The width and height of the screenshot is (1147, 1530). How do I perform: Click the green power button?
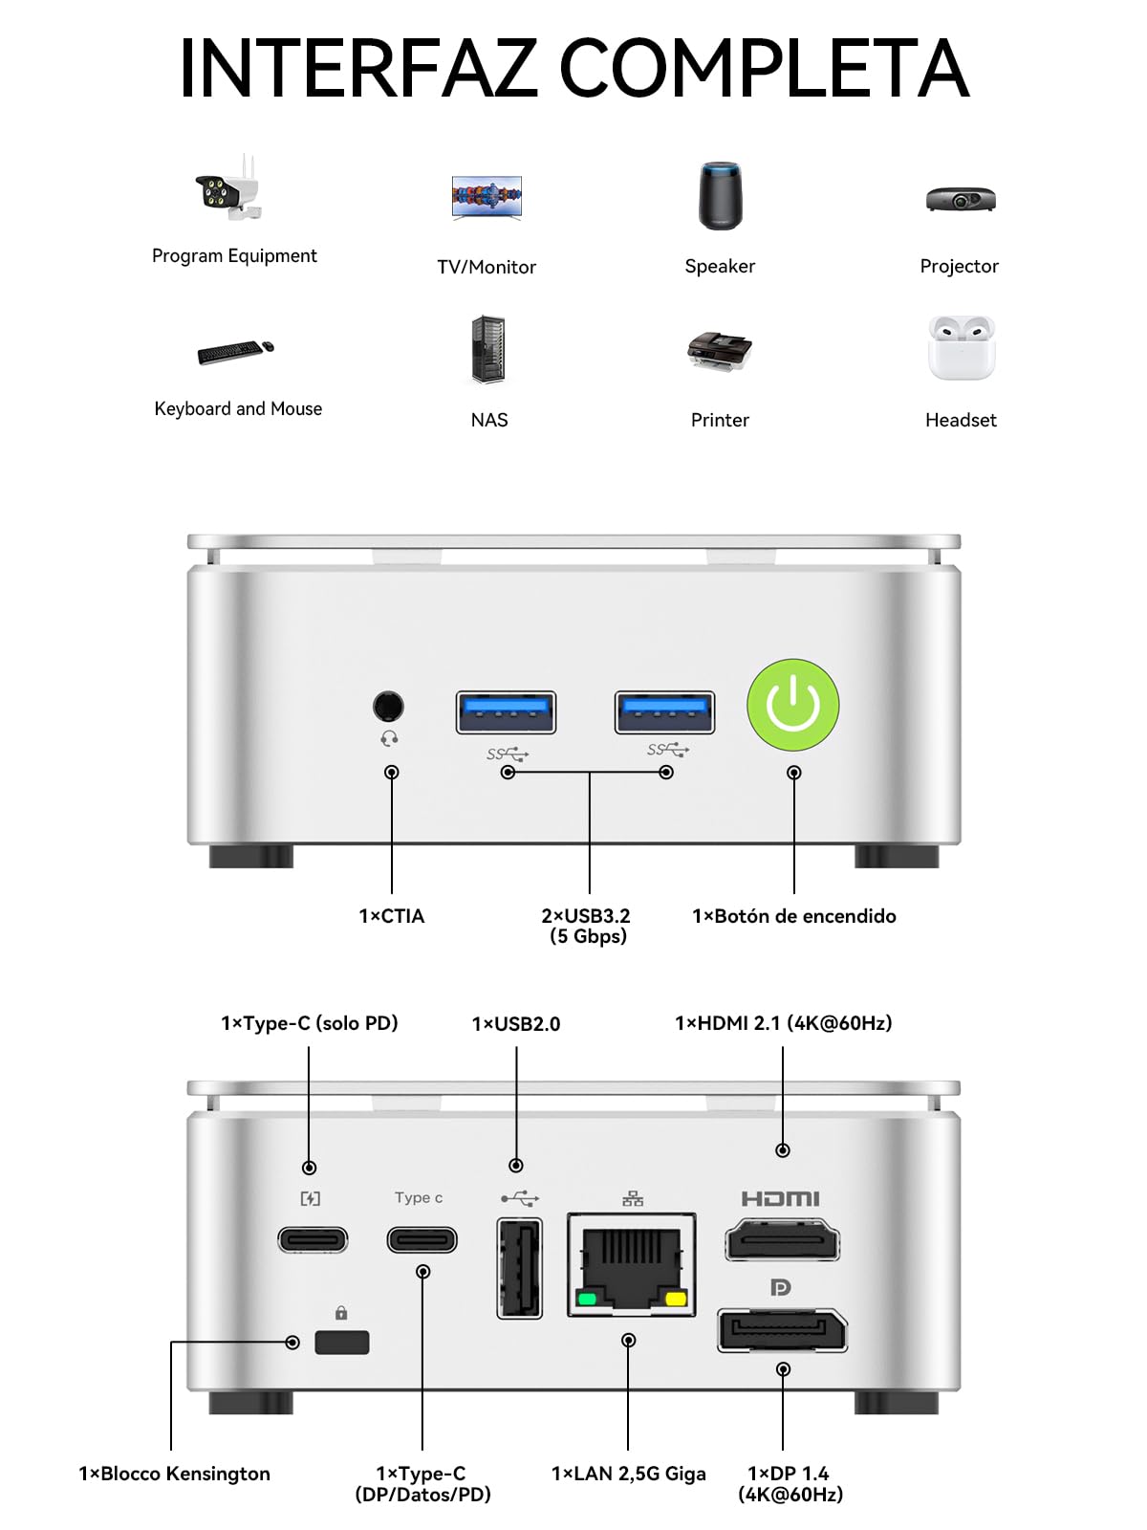coord(792,705)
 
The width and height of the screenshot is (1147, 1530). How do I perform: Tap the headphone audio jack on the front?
coord(389,706)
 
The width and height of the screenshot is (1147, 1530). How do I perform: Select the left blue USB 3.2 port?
coord(506,712)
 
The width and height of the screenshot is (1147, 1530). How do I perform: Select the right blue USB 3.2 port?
coord(664,712)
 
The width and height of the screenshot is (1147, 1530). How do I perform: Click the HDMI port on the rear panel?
coord(782,1240)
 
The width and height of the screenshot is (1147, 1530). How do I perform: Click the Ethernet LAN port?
coord(631,1264)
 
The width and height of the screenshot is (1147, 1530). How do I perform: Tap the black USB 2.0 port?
coord(520,1268)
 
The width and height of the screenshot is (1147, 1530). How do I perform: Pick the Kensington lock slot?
coord(341,1342)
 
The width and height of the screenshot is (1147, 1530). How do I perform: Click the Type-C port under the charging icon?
coord(313,1240)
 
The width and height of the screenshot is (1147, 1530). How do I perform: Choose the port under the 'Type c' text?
coord(422,1240)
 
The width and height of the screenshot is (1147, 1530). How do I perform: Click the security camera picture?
coord(228,186)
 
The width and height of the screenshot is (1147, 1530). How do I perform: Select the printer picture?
coord(720,351)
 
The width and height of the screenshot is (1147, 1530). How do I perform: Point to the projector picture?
coord(961,199)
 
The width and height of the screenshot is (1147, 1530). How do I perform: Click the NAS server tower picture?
coord(488,349)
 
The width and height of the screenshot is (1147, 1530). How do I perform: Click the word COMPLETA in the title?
coord(764,68)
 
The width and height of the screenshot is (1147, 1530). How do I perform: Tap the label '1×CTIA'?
coord(391,915)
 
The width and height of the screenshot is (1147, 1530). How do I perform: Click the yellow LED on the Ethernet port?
coord(676,1298)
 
